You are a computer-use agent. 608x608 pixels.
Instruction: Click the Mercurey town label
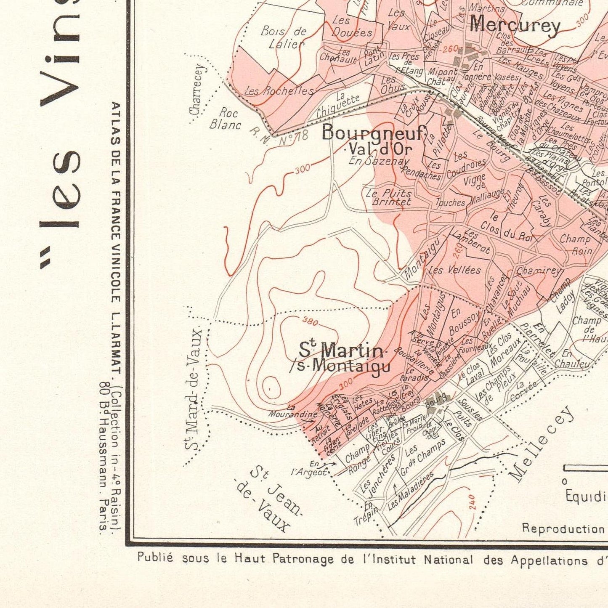pos(515,25)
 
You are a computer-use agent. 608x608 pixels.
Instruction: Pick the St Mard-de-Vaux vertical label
pos(195,389)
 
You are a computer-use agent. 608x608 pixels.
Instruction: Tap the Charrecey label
pos(197,89)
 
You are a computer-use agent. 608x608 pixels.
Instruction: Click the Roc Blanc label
pos(226,119)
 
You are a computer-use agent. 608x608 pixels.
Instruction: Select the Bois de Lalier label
pos(284,37)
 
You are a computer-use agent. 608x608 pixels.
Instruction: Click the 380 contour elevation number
pos(310,322)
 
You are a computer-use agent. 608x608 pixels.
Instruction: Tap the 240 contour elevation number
pos(472,502)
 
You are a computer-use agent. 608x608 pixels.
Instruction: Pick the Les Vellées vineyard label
pos(454,270)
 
